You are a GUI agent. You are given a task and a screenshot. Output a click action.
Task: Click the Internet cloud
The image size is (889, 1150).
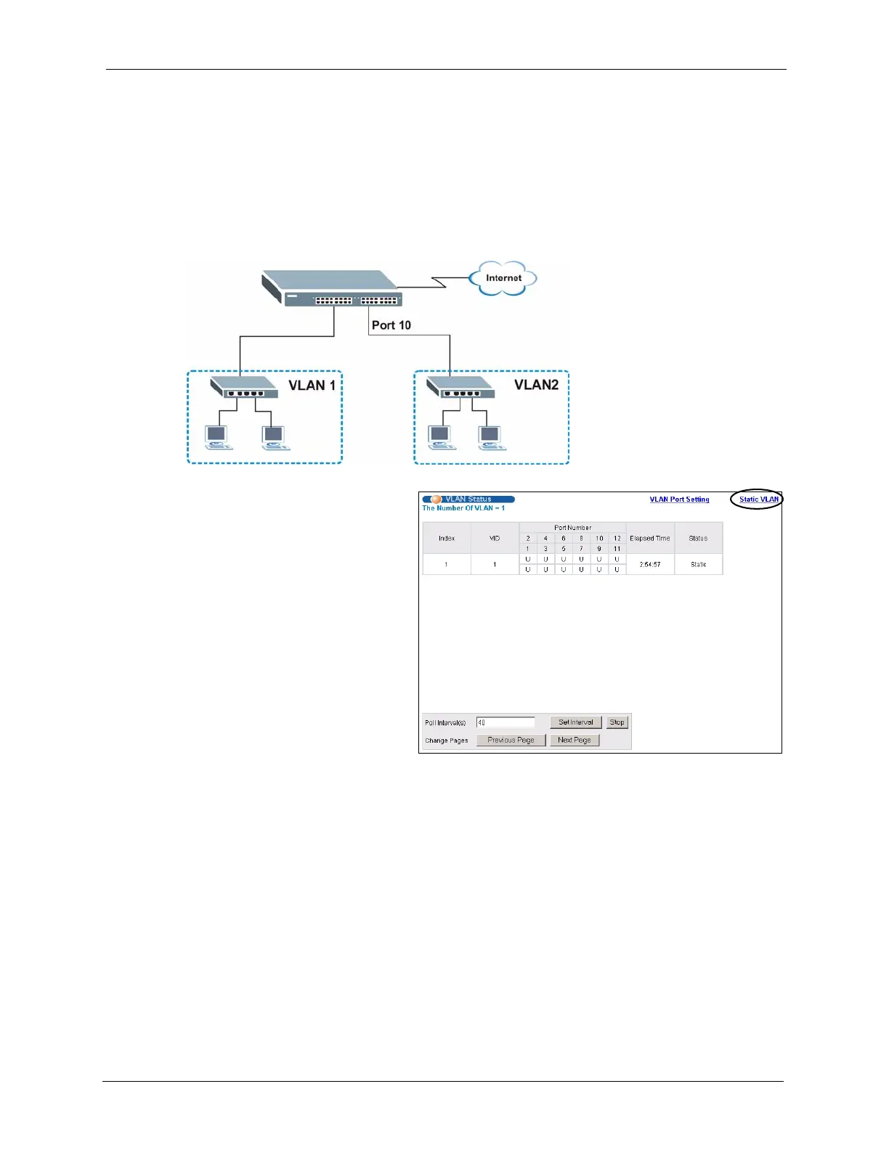point(503,278)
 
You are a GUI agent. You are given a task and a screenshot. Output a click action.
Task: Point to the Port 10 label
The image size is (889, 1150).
point(391,325)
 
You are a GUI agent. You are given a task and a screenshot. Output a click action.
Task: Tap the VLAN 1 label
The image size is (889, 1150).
point(312,386)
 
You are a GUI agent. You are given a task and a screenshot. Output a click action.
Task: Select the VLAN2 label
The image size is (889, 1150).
point(536,385)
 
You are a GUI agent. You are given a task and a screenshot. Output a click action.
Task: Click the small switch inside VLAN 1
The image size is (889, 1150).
point(244,387)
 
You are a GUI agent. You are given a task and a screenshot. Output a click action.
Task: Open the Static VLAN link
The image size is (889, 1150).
point(758,499)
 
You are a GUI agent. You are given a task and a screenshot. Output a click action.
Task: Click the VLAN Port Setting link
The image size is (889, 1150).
point(679,499)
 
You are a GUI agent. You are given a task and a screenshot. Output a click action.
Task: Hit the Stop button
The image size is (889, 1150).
point(617,722)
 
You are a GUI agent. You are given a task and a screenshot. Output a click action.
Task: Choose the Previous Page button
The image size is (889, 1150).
point(511,740)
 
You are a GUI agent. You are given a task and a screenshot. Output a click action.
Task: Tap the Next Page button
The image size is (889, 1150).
point(574,740)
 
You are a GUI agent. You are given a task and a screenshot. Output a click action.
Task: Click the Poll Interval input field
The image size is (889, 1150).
point(506,722)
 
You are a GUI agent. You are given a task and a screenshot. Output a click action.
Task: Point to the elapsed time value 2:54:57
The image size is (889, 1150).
point(650,564)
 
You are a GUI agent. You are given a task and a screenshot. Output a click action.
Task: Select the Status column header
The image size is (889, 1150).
point(698,539)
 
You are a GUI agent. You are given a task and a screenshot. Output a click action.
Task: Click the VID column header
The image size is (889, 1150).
point(495,539)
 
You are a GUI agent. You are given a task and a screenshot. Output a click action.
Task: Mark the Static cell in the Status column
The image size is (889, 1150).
point(698,564)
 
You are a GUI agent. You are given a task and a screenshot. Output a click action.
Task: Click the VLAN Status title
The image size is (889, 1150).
point(468,499)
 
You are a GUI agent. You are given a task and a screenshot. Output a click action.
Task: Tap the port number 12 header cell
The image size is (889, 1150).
point(617,539)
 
